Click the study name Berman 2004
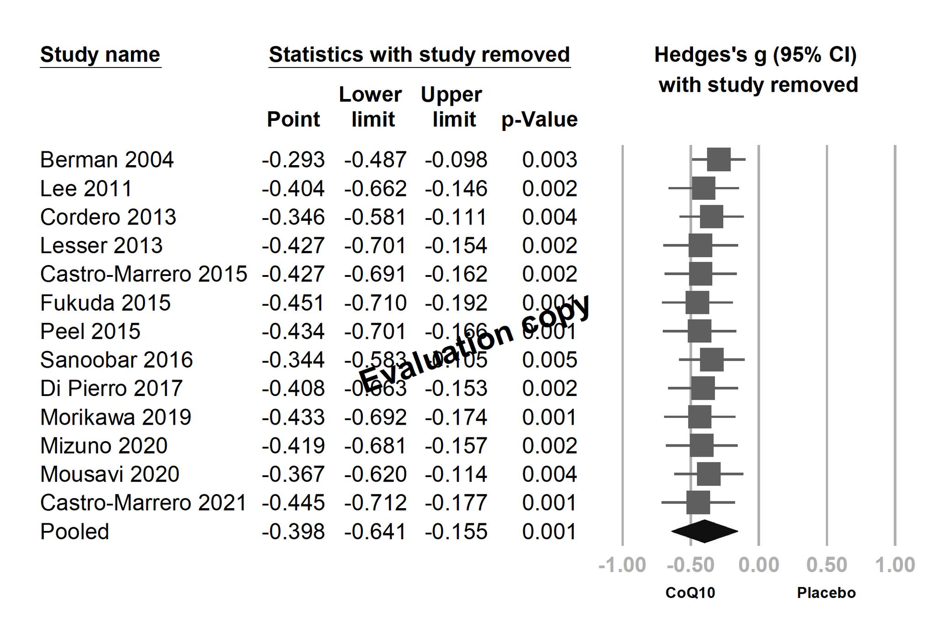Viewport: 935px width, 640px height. [107, 160]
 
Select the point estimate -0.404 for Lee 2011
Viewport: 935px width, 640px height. [293, 189]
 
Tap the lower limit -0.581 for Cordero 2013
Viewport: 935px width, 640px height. [375, 217]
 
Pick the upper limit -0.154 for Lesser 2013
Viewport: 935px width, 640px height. [456, 246]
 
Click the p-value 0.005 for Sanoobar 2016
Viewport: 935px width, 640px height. [549, 360]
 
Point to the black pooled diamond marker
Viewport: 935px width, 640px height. [704, 531]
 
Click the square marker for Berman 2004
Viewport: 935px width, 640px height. [719, 160]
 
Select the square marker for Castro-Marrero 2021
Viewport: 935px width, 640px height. [698, 503]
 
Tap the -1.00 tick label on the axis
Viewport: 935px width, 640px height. [622, 565]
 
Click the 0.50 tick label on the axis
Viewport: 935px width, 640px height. [826, 565]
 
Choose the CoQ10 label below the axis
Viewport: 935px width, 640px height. [690, 593]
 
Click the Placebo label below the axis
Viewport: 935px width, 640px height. [826, 593]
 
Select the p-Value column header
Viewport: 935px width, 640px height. [539, 120]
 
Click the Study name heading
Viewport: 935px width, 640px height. [100, 55]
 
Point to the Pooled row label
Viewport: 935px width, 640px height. [74, 532]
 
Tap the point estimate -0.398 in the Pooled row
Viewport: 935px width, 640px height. [293, 532]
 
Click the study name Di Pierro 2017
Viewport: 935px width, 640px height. [111, 389]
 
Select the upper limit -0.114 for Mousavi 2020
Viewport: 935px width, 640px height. [456, 474]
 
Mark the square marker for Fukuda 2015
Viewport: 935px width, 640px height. [697, 302]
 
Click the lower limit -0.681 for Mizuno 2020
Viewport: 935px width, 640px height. [375, 446]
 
